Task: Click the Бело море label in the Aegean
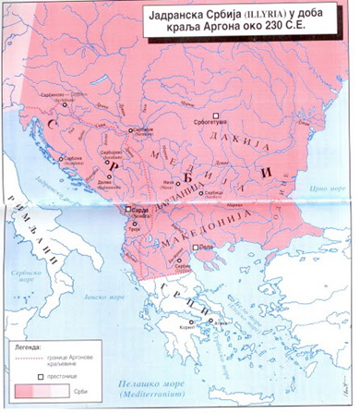click(x=242, y=279)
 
